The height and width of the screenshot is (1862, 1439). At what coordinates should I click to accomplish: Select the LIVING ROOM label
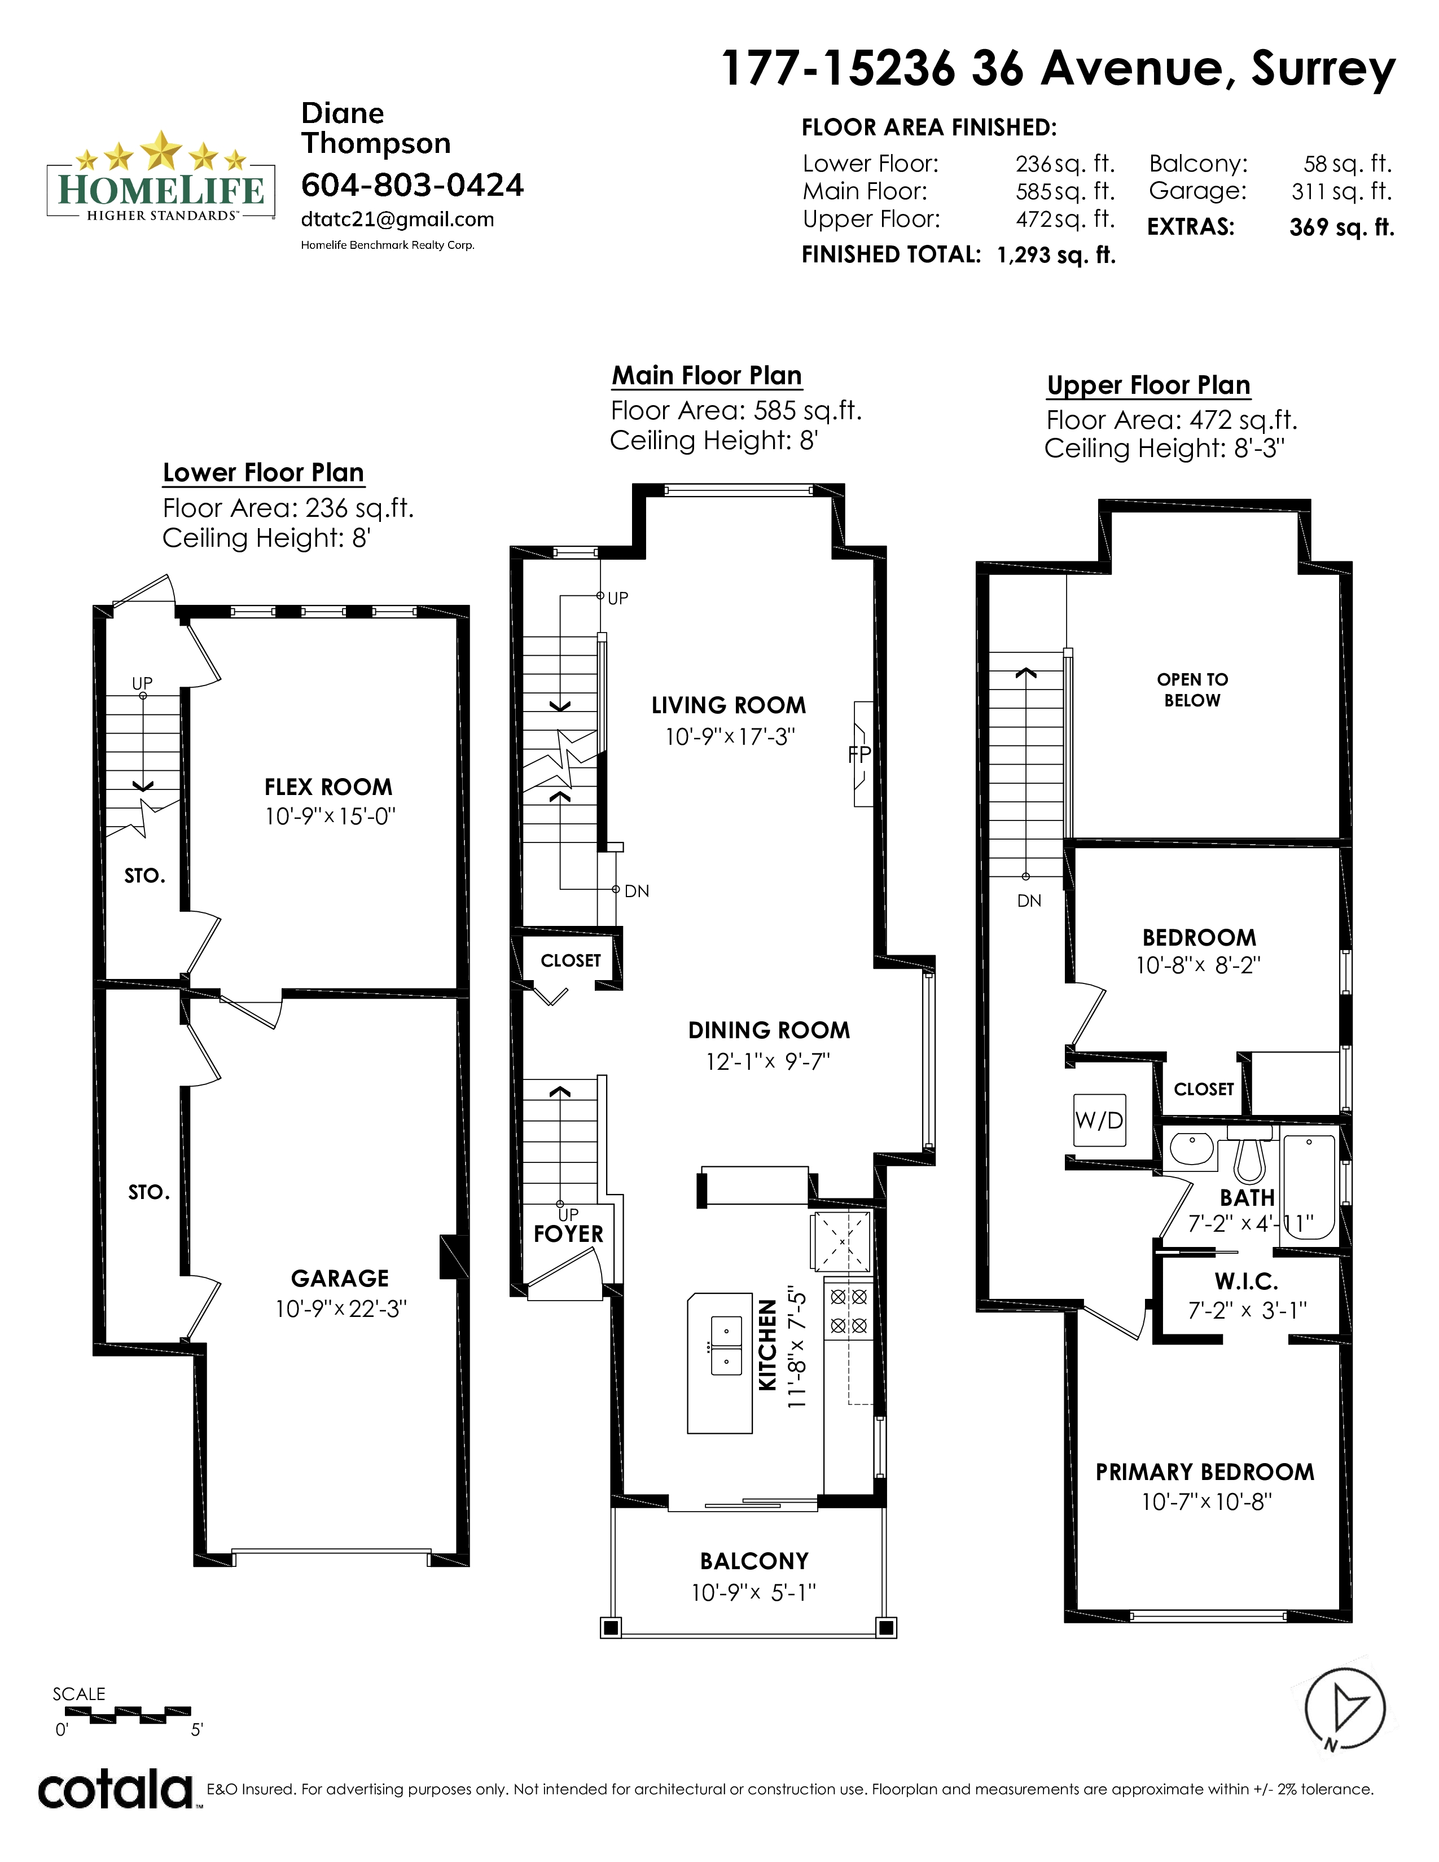point(728,705)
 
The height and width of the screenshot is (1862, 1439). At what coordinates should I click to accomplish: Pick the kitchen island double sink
point(726,1345)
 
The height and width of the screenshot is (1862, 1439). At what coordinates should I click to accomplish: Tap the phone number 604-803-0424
point(413,185)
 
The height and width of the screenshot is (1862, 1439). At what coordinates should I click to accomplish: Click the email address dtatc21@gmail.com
point(397,219)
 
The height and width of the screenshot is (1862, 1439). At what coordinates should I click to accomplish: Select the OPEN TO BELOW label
point(1192,690)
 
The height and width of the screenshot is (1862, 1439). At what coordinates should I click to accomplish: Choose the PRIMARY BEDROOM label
point(1205,1472)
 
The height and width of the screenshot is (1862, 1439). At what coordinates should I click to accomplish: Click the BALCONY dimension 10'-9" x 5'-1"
point(753,1592)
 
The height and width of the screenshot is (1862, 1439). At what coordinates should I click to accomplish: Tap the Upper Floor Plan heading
point(1148,385)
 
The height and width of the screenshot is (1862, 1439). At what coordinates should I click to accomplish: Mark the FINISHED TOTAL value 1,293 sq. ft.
point(1056,255)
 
